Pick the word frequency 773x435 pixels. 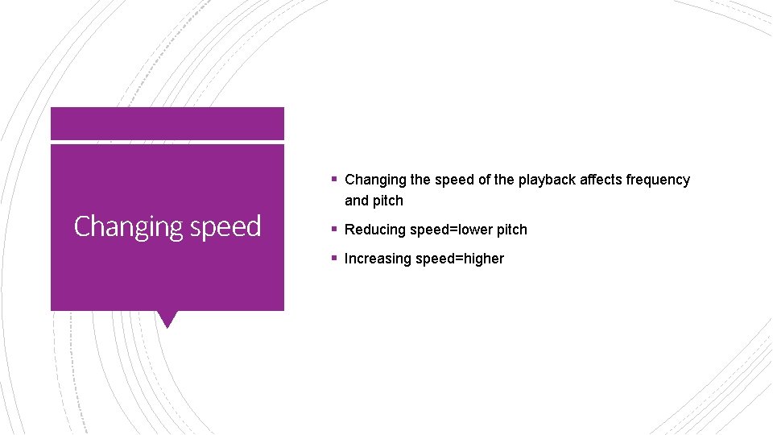pyautogui.click(x=659, y=180)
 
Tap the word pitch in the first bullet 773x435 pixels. pyautogui.click(x=388, y=201)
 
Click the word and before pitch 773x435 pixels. pyautogui.click(x=357, y=201)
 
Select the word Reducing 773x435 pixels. pyautogui.click(x=375, y=230)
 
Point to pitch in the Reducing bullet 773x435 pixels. pyautogui.click(x=511, y=230)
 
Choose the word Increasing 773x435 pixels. pyautogui.click(x=377, y=259)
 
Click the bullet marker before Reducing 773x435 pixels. pyautogui.click(x=333, y=230)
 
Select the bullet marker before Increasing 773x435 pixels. pyautogui.click(x=333, y=259)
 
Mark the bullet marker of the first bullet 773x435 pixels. pyautogui.click(x=333, y=180)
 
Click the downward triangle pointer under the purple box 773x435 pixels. pyautogui.click(x=167, y=319)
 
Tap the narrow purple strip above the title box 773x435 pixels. pyautogui.click(x=167, y=123)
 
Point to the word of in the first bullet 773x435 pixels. pyautogui.click(x=484, y=180)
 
